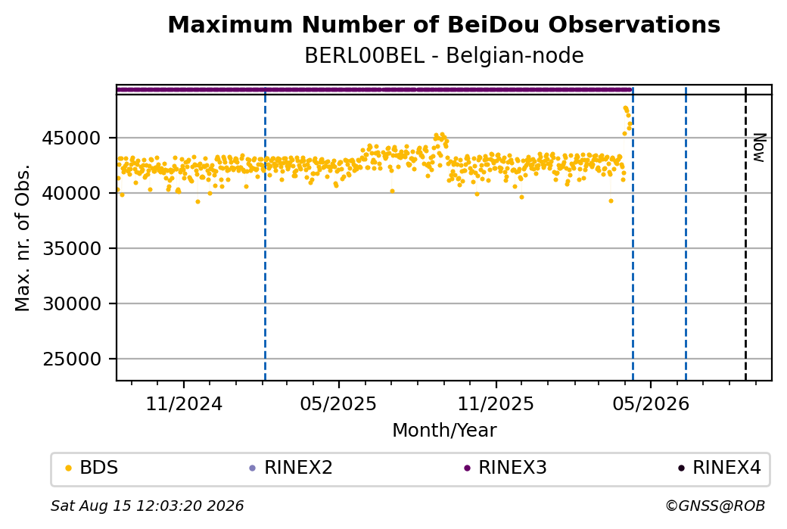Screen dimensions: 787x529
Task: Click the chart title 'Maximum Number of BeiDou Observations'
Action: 443,24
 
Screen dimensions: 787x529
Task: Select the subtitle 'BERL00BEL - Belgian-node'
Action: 443,56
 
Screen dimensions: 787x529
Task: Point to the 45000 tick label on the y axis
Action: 71,138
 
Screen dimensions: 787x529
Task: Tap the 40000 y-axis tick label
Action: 71,193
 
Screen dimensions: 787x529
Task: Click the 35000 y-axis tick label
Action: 71,248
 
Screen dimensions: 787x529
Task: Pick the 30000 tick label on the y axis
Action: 71,303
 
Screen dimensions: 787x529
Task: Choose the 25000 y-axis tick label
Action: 71,359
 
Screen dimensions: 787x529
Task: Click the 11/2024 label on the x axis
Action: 184,404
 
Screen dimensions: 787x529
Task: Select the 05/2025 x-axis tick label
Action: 338,404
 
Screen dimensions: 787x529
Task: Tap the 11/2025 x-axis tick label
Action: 496,404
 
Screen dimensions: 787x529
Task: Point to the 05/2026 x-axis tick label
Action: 651,404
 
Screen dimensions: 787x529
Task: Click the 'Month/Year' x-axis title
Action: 444,430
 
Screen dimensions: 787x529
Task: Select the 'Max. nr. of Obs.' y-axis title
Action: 23,238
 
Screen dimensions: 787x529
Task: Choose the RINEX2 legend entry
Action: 291,468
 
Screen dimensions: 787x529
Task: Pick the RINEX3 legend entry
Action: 505,468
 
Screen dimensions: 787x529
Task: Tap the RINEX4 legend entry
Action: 720,468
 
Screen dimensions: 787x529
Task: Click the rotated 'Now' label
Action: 760,148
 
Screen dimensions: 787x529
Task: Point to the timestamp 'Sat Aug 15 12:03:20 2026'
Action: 147,506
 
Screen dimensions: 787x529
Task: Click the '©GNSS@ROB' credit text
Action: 715,506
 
